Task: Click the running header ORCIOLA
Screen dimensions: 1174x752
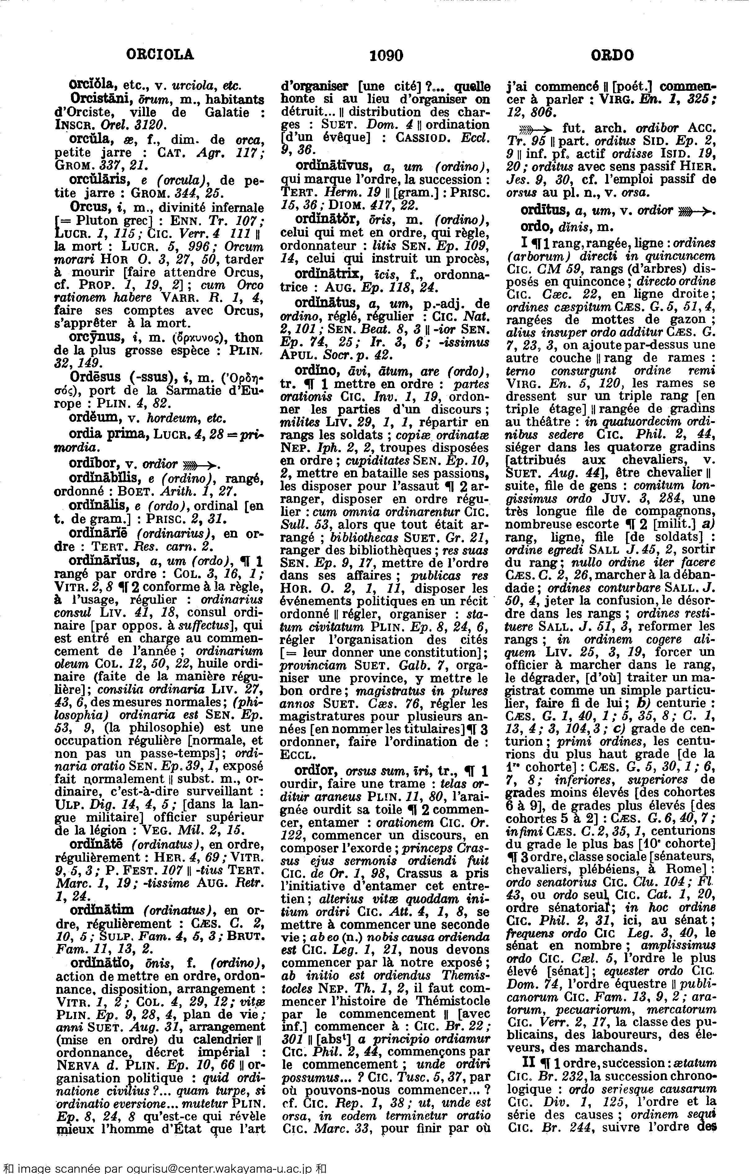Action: point(160,55)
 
